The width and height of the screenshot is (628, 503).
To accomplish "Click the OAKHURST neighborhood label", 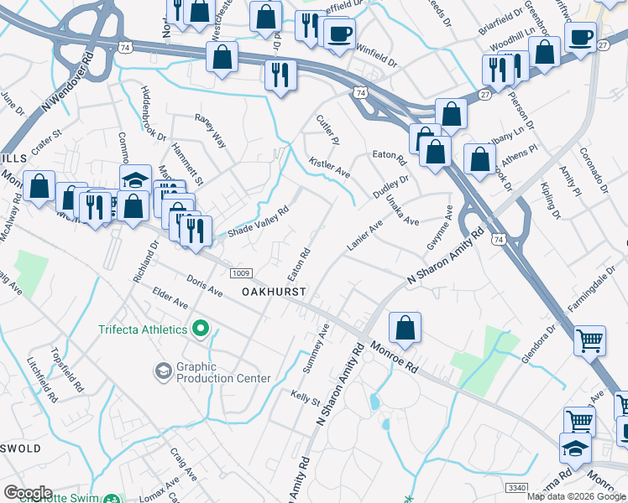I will click(x=273, y=291).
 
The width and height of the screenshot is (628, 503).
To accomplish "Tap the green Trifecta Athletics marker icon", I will click(x=201, y=329).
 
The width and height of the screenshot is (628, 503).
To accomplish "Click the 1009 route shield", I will click(x=240, y=272).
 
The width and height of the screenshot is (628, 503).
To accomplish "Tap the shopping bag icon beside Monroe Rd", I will click(x=405, y=329).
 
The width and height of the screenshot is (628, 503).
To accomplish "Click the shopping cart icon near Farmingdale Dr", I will click(x=589, y=340).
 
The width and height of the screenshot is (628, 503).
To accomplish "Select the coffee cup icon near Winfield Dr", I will click(x=339, y=34).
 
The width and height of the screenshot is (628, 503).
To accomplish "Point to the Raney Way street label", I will click(x=211, y=131).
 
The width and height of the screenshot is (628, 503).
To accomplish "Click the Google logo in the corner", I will click(x=28, y=493).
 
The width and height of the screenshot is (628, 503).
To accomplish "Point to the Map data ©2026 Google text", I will click(x=576, y=496).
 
